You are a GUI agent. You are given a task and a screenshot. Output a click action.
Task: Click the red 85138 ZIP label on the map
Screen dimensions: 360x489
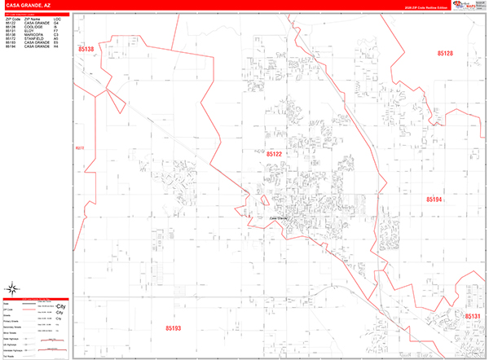pyautogui.click(x=86, y=50)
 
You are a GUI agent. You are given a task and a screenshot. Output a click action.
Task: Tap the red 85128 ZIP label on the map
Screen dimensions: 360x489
pyautogui.click(x=444, y=52)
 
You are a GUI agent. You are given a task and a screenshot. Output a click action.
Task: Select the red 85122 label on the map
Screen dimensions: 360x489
pyautogui.click(x=274, y=153)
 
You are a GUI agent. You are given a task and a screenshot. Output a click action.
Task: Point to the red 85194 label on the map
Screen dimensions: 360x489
pyautogui.click(x=434, y=199)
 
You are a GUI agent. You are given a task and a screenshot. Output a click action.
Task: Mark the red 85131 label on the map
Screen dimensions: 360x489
pyautogui.click(x=474, y=316)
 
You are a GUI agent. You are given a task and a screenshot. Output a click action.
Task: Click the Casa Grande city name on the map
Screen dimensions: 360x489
pyautogui.click(x=279, y=218)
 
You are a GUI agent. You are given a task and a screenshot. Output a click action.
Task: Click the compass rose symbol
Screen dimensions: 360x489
pyautogui.click(x=15, y=288)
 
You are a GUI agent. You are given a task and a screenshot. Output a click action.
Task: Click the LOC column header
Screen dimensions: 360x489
pyautogui.click(x=56, y=16)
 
